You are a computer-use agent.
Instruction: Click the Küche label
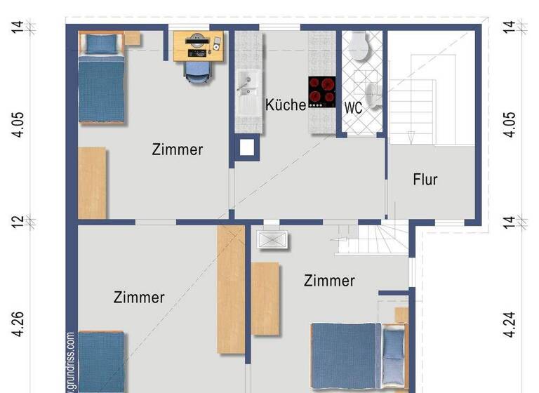[286, 105]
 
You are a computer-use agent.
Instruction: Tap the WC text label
[353, 109]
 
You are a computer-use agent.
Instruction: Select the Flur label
[425, 180]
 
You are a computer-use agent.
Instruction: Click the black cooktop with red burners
[322, 91]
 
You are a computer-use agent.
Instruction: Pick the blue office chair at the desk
[197, 69]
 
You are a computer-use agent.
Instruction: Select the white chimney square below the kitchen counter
[246, 147]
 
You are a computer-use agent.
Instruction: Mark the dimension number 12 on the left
[19, 221]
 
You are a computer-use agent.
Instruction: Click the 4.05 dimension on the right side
[510, 124]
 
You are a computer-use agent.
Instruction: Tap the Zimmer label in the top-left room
[178, 149]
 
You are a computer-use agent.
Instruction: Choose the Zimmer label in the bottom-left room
[139, 298]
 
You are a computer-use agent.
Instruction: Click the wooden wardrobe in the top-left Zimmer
[91, 182]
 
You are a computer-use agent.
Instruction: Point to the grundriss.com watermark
[71, 361]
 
